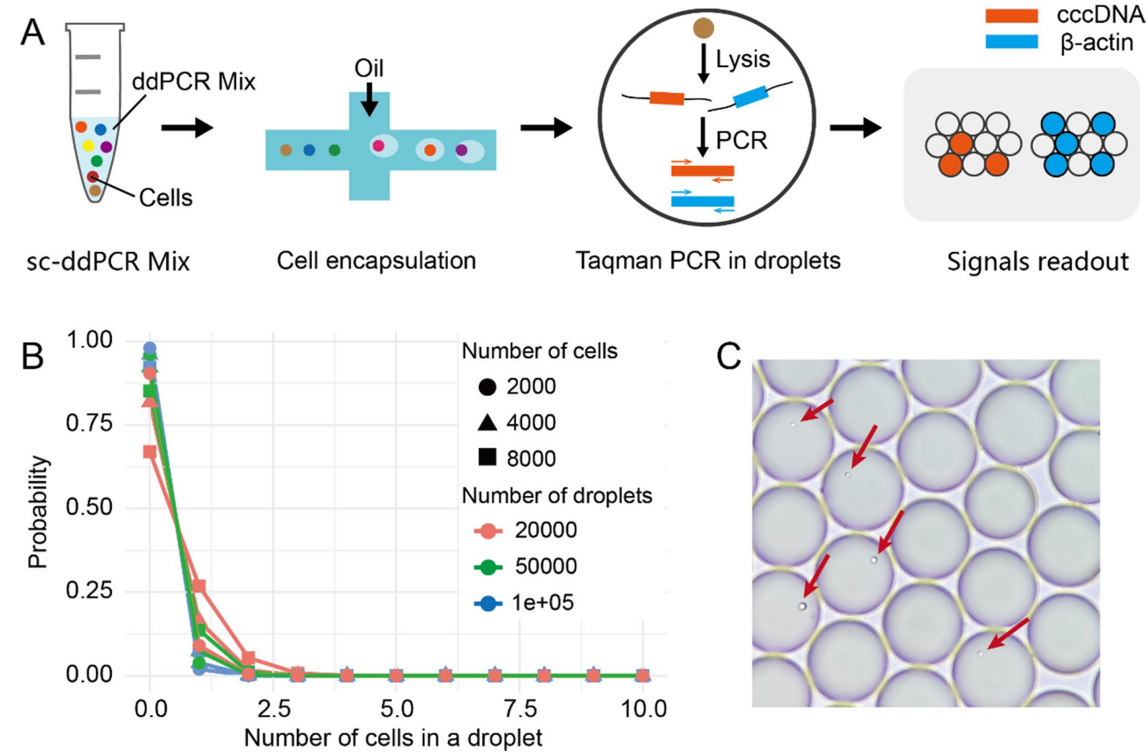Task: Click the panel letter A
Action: point(32,32)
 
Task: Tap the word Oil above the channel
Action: point(368,68)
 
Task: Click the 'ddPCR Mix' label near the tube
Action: point(194,81)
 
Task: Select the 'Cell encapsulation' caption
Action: point(376,261)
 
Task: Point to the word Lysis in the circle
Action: point(742,59)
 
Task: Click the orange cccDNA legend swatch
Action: point(1011,16)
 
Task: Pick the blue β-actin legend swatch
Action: point(1011,42)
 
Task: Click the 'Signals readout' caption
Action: point(1037,261)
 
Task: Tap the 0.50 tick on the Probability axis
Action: point(89,507)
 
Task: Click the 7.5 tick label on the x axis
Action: point(520,709)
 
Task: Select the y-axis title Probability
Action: point(37,512)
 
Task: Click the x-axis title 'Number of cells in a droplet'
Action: point(393,738)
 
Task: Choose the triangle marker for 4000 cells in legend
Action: point(487,423)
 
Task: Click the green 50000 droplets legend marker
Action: point(488,567)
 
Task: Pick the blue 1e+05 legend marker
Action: point(488,604)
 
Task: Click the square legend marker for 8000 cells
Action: point(487,457)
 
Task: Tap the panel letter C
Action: point(728,357)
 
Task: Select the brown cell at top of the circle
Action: point(703,28)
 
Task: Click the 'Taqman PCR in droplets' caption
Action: point(708,261)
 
